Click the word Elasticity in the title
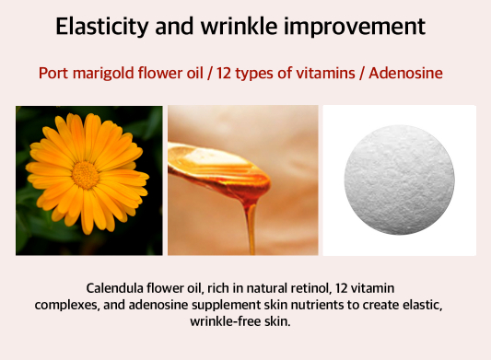coord(101,27)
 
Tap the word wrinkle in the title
coord(240,26)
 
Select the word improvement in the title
coord(355,27)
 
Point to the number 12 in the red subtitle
coord(224,74)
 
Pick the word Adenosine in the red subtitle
coord(406,74)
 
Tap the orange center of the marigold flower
coord(85,175)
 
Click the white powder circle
coord(399,180)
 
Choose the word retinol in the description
coord(311,288)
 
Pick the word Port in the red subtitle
coord(53,74)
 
